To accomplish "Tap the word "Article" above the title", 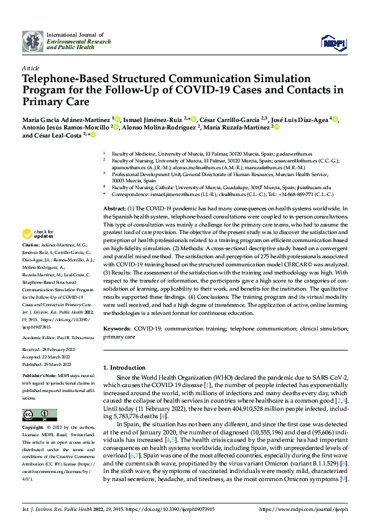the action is pos(30,68).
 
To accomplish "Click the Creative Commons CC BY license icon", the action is pos(39,415).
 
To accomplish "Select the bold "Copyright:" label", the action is pos(34,428).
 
